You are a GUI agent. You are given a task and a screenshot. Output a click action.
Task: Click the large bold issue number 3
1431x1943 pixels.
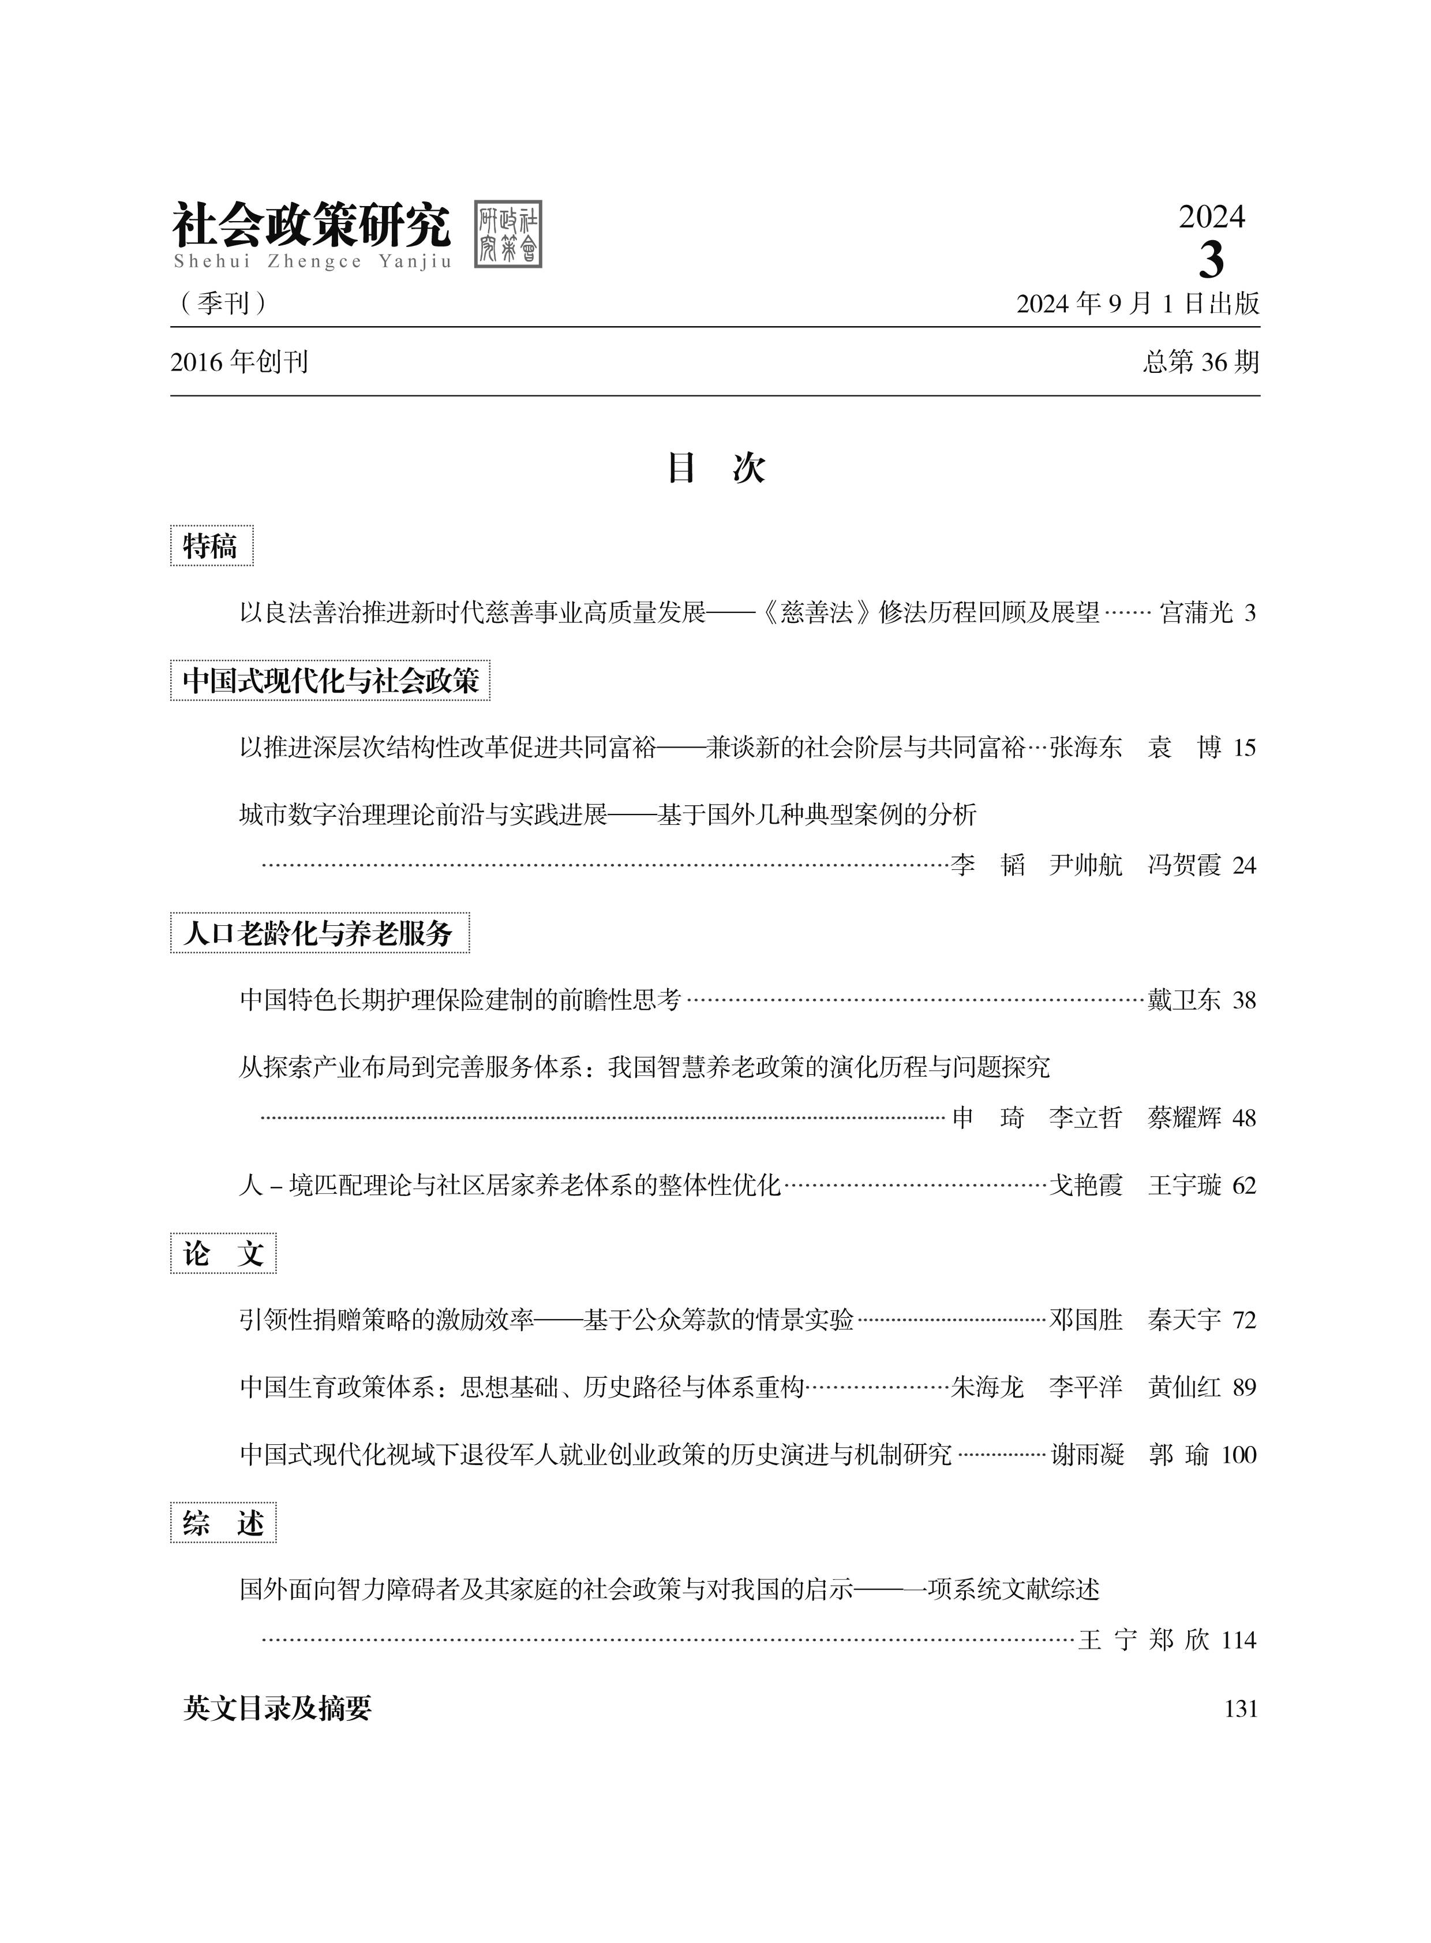1211,258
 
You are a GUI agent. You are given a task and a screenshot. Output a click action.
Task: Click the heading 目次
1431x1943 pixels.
715,468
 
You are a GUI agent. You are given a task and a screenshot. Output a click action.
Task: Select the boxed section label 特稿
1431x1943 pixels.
211,546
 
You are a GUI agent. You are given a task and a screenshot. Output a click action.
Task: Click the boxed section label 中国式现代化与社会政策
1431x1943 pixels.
330,681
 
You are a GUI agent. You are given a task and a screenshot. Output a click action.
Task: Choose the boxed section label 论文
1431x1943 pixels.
223,1253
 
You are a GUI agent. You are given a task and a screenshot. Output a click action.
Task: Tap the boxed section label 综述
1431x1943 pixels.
223,1523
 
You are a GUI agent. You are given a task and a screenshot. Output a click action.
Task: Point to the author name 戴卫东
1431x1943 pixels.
1183,1000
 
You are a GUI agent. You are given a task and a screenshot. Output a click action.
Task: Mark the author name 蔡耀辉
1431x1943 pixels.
1183,1118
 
